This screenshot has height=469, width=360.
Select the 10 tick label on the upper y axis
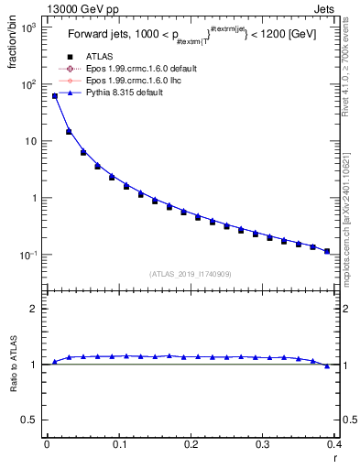click(x=29, y=141)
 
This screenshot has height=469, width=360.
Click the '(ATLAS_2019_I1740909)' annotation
click(x=190, y=273)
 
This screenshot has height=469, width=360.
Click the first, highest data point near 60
click(x=55, y=95)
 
